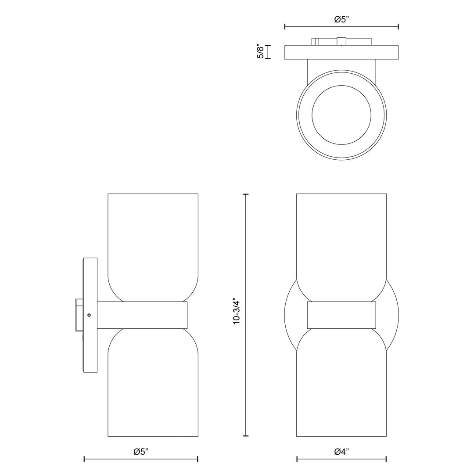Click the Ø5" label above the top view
(x=341, y=19)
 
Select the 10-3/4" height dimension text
(x=237, y=312)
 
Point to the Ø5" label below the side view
(x=141, y=452)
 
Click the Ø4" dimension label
(x=341, y=452)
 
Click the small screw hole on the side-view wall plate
(x=89, y=315)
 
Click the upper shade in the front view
(x=341, y=237)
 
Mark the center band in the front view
(x=341, y=315)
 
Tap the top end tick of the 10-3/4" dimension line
(x=245, y=194)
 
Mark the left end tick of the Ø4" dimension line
(x=297, y=459)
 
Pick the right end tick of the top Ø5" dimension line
(x=398, y=27)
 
